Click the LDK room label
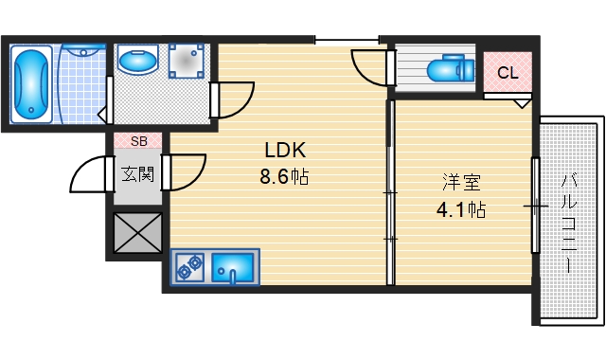[x=284, y=150]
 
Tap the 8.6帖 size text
[x=284, y=176]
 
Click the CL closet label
[x=508, y=72]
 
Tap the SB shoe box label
[x=138, y=141]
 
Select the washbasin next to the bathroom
[x=140, y=63]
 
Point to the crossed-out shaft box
[x=137, y=232]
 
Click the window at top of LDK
[x=346, y=40]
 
